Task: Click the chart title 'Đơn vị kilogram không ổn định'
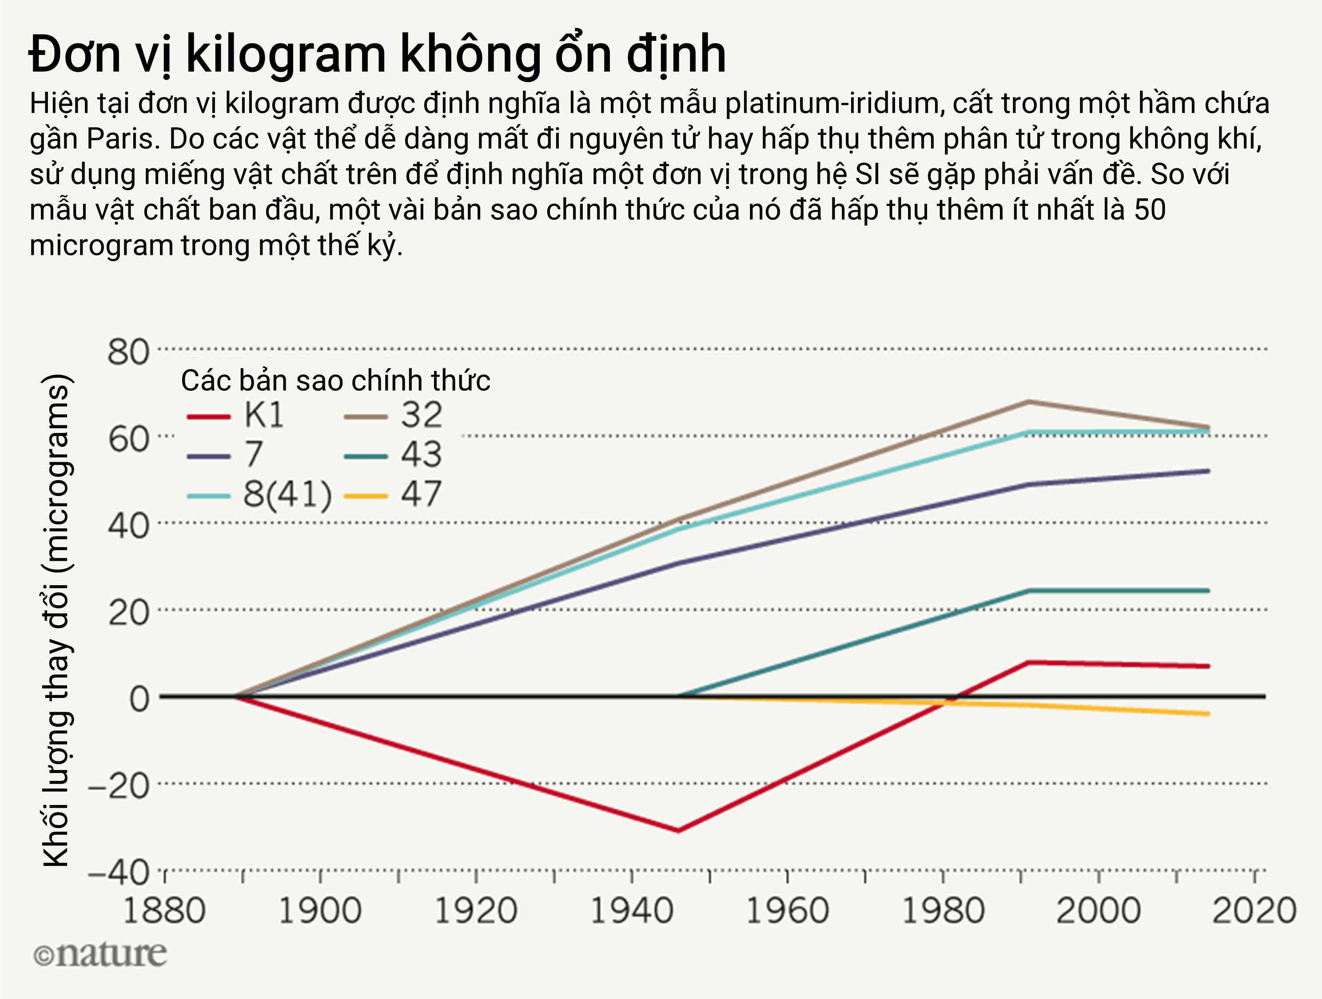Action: [x=377, y=55]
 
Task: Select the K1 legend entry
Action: [x=235, y=415]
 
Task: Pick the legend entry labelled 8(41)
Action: [x=259, y=495]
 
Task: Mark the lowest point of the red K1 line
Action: [x=678, y=831]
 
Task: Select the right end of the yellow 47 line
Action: [x=1208, y=714]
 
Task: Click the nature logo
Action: [x=100, y=955]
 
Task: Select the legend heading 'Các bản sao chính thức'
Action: [x=335, y=381]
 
